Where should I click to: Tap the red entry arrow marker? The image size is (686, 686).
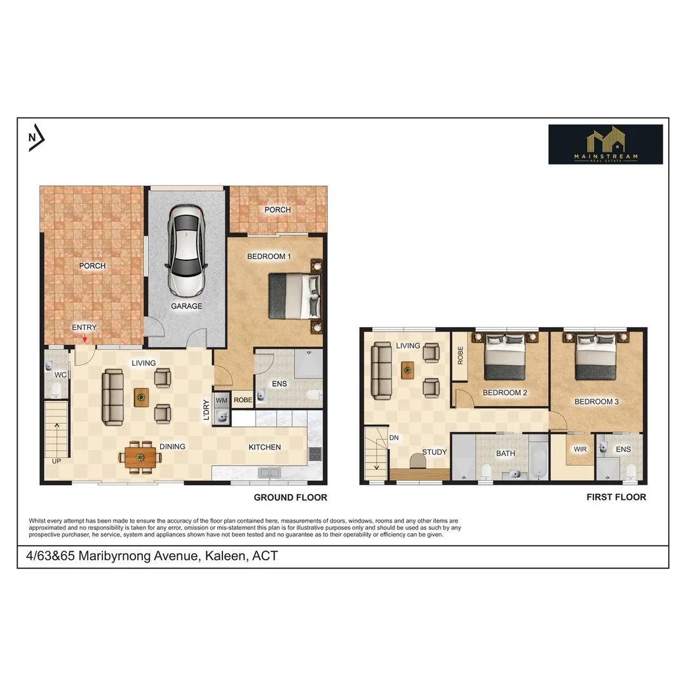pyautogui.click(x=84, y=339)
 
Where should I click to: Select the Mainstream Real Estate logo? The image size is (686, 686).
pyautogui.click(x=605, y=144)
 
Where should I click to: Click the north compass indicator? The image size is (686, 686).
pyautogui.click(x=36, y=137)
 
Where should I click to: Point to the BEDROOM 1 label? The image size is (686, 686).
pyautogui.click(x=269, y=257)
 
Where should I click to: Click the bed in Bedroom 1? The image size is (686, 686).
pyautogui.click(x=295, y=296)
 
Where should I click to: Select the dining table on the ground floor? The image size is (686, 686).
pyautogui.click(x=140, y=457)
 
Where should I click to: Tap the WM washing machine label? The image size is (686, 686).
pyautogui.click(x=222, y=400)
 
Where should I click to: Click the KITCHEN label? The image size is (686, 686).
pyautogui.click(x=265, y=447)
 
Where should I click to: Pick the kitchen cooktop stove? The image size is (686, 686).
pyautogui.click(x=315, y=454)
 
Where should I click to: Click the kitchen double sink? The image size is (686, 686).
pyautogui.click(x=269, y=473)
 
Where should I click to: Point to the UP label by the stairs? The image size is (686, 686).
pyautogui.click(x=57, y=461)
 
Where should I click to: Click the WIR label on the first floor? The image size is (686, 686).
pyautogui.click(x=580, y=449)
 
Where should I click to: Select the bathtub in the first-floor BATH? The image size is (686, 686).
pyautogui.click(x=538, y=459)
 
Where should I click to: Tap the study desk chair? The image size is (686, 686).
pyautogui.click(x=418, y=461)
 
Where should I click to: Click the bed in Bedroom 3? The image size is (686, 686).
pyautogui.click(x=596, y=356)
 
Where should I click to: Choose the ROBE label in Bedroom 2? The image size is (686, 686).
pyautogui.click(x=461, y=355)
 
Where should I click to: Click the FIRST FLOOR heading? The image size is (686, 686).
pyautogui.click(x=616, y=497)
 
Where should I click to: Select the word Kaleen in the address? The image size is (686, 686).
pyautogui.click(x=225, y=556)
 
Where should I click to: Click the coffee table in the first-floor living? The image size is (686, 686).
pyautogui.click(x=408, y=370)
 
